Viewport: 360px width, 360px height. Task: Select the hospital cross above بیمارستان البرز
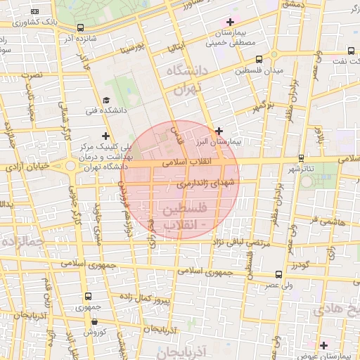[x=219, y=130]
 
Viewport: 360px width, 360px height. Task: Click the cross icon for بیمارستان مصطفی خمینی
[x=230, y=22]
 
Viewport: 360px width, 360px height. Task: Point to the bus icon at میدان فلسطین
[x=259, y=60]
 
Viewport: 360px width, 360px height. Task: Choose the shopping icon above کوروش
[x=95, y=321]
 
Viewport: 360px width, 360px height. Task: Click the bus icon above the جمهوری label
[x=88, y=297]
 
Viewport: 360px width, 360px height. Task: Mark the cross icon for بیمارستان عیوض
[x=323, y=345]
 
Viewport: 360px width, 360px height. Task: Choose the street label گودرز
[x=299, y=265]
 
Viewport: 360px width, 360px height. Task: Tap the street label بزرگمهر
[x=262, y=108]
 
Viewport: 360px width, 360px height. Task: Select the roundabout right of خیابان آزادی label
[x=70, y=167]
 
